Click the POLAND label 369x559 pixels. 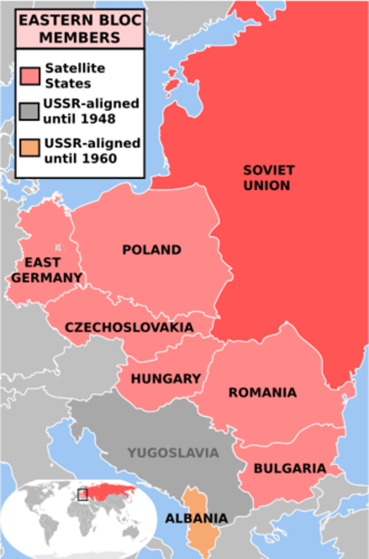pos(151,250)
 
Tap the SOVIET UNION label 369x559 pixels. pos(269,177)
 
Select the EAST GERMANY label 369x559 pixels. pos(47,270)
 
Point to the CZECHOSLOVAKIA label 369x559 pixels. pos(129,327)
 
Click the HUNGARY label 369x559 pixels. pos(166,378)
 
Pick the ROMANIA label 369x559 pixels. pos(262,392)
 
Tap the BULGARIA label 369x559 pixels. pos(290,468)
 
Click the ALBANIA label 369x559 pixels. pos(197,518)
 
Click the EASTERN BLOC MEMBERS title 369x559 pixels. pos(80,28)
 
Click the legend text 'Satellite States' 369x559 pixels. pos(75,76)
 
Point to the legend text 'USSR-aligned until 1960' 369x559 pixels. pos(92,150)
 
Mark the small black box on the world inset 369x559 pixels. pos(82,495)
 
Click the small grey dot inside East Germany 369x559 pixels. pos(58,248)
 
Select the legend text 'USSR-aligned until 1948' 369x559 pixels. pos(91,111)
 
